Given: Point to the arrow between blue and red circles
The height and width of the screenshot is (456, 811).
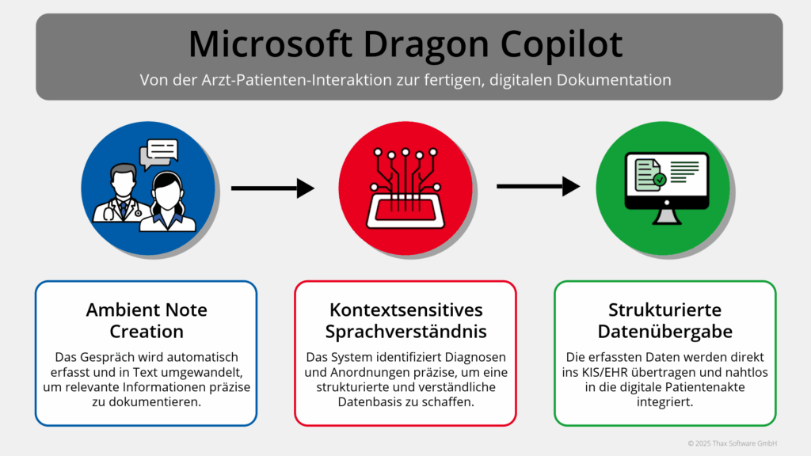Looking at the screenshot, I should pyautogui.click(x=272, y=188).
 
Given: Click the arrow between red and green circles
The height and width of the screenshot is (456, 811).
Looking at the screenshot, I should pyautogui.click(x=538, y=188).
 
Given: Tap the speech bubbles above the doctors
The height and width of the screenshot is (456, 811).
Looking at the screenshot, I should pyautogui.click(x=159, y=154).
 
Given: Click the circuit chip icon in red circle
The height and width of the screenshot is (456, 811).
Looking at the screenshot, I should pyautogui.click(x=405, y=189).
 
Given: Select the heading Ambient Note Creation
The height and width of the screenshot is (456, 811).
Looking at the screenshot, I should pyautogui.click(x=146, y=320).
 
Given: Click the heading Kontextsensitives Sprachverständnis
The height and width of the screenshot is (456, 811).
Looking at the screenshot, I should pyautogui.click(x=405, y=320).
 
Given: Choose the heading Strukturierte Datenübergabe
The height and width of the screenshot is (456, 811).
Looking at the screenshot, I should pyautogui.click(x=664, y=320).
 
